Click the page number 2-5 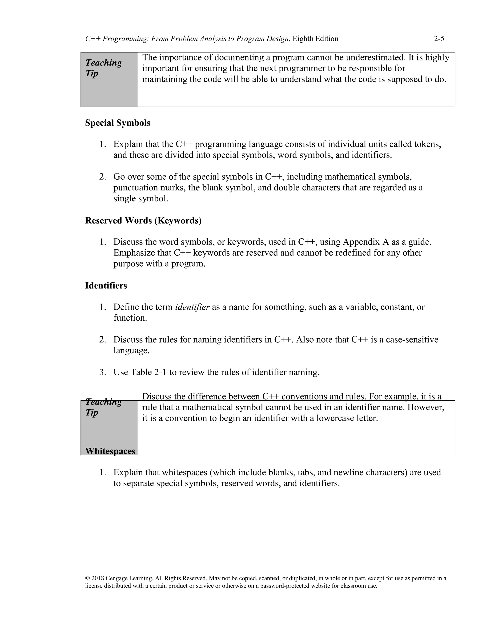(x=439, y=39)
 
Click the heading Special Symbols (x=117, y=123)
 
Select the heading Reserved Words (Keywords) (x=143, y=221)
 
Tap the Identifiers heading (x=106, y=286)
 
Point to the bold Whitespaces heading (x=110, y=451)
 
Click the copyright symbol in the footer (x=87, y=579)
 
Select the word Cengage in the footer (x=116, y=579)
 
